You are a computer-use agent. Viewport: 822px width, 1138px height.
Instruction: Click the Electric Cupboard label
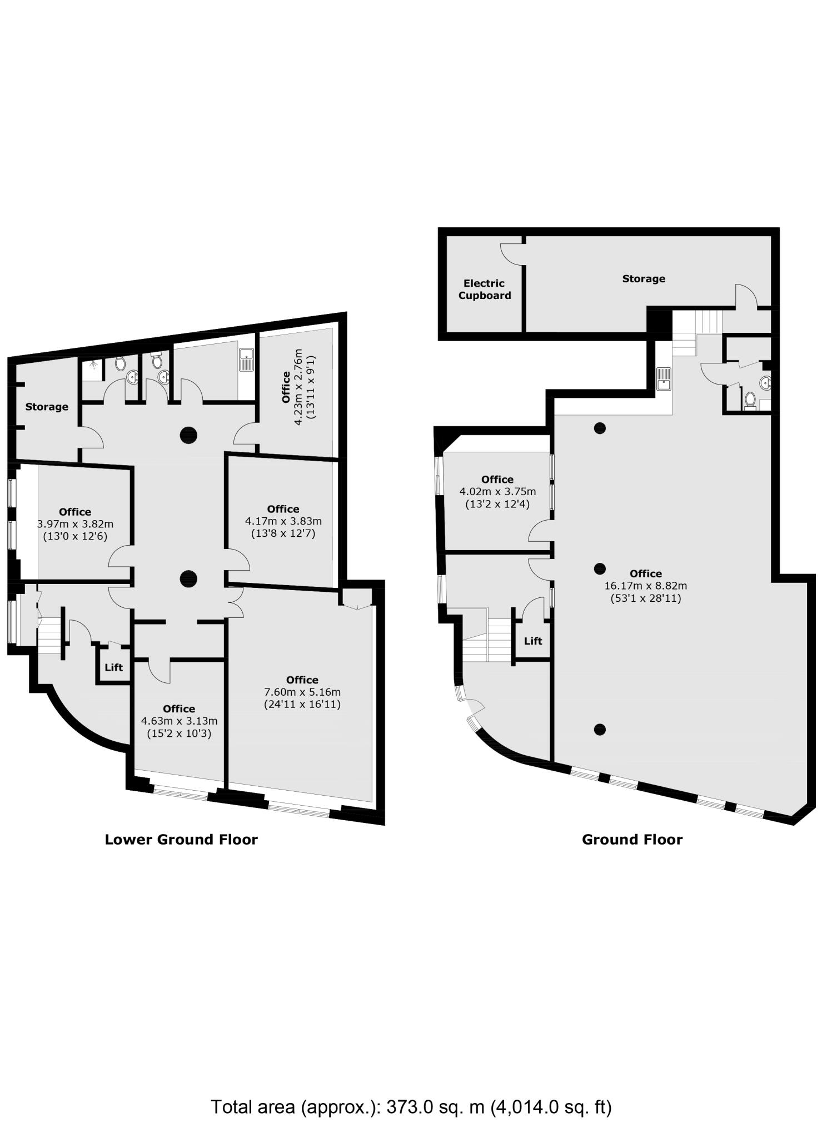pos(484,290)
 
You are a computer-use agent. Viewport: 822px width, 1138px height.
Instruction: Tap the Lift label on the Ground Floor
pos(532,641)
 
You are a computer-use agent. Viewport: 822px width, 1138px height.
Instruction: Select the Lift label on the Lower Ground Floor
pos(113,667)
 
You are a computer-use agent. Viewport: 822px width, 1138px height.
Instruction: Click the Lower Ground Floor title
pos(181,839)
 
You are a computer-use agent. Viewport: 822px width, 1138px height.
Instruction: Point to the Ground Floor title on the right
pos(632,839)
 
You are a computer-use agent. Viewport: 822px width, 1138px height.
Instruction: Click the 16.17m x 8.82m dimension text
pos(645,586)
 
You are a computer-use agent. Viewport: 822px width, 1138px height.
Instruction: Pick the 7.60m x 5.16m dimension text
pos(302,692)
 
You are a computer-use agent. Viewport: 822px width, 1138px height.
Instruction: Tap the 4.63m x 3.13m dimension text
pos(179,721)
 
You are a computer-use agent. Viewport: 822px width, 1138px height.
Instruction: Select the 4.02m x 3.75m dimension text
pos(497,492)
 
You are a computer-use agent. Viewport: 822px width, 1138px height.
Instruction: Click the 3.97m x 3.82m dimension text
pos(75,524)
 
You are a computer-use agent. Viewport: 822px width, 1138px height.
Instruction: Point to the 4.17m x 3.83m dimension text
pos(283,521)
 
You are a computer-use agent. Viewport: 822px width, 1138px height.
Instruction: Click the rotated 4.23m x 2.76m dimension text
pos(298,387)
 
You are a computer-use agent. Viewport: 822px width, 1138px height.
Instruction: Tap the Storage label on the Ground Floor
pos(643,278)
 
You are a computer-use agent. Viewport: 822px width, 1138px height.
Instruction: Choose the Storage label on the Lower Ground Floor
pos(47,407)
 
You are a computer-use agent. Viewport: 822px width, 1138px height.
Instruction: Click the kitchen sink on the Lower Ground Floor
pos(246,359)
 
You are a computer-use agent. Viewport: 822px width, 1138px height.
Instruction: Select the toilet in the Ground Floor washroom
pos(750,399)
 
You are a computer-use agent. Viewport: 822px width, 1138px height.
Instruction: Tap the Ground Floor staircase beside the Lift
pos(487,640)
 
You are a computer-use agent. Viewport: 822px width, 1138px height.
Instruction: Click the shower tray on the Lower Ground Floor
pos(92,370)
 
